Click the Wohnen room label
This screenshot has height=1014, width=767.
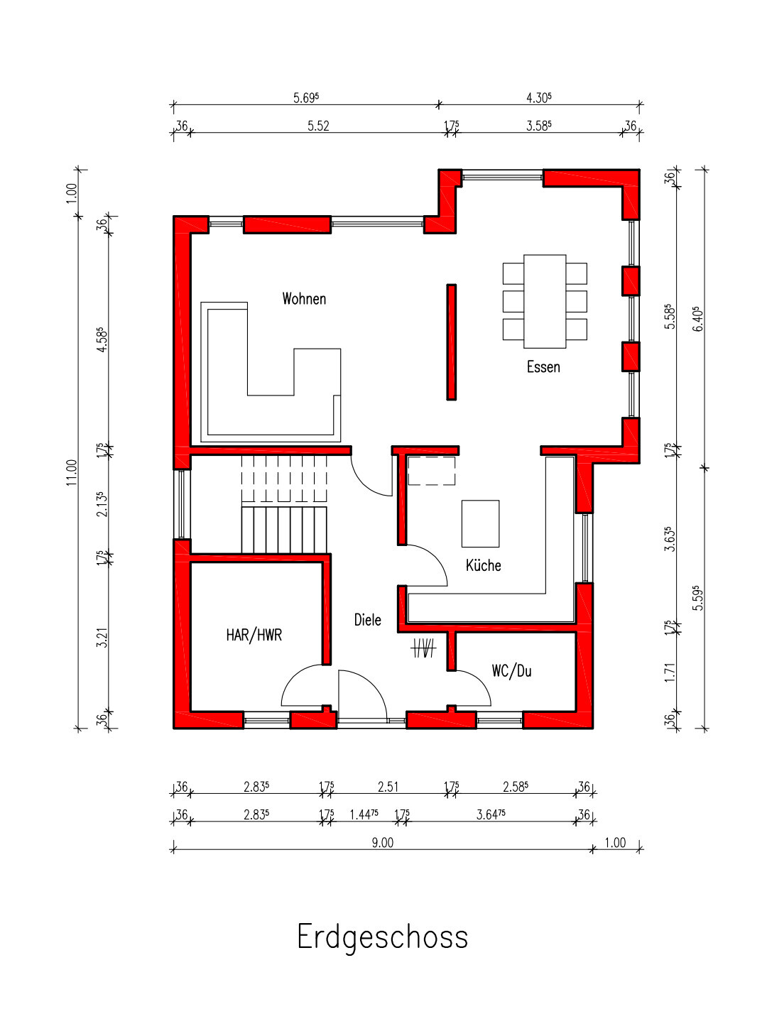point(304,299)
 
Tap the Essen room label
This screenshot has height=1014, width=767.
point(543,367)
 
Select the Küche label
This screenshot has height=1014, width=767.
point(483,565)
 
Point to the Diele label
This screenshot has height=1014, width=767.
point(367,619)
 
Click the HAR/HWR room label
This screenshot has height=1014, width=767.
point(254,636)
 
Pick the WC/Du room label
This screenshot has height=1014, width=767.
point(511,671)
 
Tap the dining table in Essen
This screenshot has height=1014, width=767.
point(544,301)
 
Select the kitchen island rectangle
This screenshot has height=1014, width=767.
point(480,523)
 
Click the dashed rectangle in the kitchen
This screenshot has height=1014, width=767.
point(432,471)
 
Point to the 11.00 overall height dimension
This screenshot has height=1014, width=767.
point(72,473)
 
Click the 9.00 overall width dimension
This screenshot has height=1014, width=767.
point(383,843)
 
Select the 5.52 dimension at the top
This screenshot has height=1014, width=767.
point(318,126)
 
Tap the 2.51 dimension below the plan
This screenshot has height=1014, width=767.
point(388,787)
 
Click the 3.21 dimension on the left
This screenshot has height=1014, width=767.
point(102,637)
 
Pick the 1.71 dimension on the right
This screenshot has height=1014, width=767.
point(670,672)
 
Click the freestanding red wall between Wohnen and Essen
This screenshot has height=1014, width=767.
point(451,342)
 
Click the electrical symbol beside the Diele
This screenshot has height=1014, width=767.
point(423,648)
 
